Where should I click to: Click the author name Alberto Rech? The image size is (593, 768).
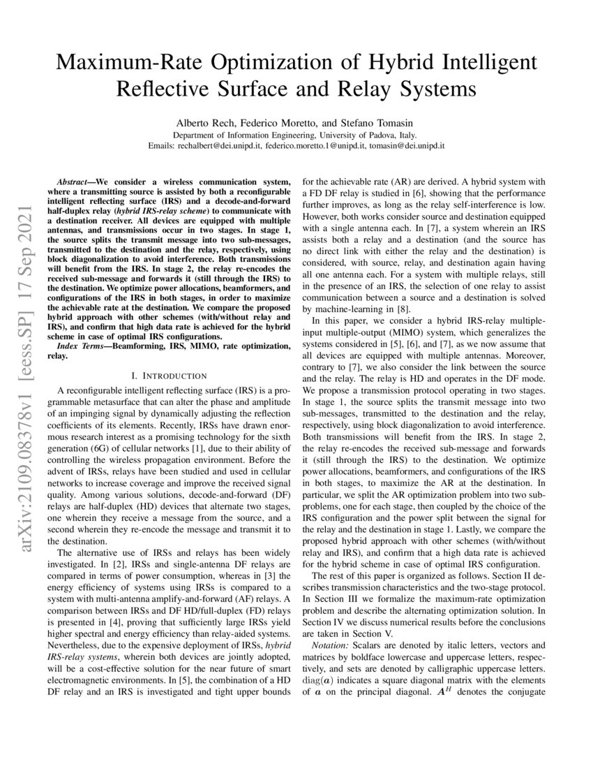tap(210, 121)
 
